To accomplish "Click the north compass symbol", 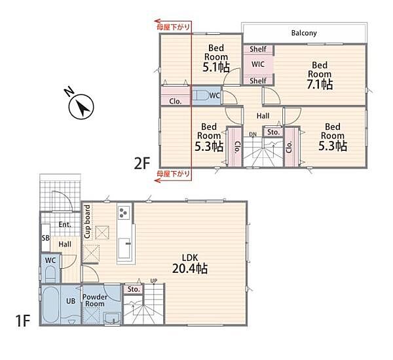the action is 81,107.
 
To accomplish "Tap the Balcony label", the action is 304,33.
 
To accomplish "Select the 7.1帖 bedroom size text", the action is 320,85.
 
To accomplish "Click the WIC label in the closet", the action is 258,64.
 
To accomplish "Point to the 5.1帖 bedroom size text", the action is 215,67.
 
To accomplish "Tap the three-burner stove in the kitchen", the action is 124,212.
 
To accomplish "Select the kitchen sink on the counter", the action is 124,248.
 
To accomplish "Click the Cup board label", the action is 87,222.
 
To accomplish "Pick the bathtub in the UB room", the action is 51,304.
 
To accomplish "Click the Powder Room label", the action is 95,300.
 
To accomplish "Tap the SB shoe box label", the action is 46,237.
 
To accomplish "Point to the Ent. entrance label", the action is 65,224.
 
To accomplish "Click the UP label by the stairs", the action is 154,281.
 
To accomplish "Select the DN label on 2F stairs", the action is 253,134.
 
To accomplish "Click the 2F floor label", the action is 142,164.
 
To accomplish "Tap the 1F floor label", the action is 23,321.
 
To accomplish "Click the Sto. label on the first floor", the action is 134,289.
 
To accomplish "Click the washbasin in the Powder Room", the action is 112,319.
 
